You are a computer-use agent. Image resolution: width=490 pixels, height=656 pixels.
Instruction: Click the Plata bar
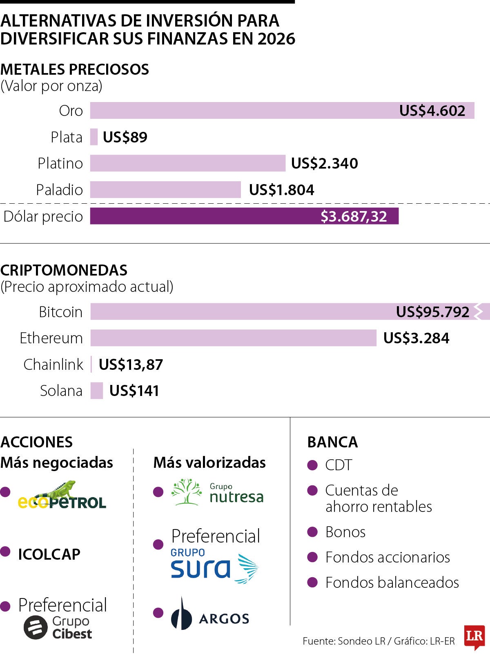point(94,137)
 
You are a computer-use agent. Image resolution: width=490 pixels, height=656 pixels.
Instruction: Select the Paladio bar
point(165,190)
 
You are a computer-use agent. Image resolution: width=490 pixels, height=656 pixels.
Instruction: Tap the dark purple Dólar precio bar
point(244,216)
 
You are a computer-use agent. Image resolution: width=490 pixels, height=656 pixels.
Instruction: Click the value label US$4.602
point(432,111)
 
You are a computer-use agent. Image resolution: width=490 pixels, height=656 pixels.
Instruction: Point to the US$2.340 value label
point(324,163)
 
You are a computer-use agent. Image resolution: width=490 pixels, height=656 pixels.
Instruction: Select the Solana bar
point(97,391)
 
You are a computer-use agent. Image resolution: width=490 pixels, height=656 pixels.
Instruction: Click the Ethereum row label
point(51,338)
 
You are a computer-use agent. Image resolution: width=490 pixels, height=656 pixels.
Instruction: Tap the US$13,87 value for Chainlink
point(131,365)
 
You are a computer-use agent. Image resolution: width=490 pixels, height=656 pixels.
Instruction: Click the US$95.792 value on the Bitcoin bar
point(432,312)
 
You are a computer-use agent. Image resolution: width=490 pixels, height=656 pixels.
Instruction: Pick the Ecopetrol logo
point(62,496)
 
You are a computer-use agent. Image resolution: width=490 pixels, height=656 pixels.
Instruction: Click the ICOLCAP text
point(49,554)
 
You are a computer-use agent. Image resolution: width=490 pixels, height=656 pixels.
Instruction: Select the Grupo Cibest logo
point(58,627)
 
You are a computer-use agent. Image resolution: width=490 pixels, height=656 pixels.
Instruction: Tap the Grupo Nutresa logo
point(217,492)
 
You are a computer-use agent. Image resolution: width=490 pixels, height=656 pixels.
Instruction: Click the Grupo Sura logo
point(214,566)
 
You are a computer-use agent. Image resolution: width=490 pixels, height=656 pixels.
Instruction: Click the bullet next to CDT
point(312,465)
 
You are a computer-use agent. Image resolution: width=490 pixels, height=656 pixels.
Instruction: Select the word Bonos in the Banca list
point(345,532)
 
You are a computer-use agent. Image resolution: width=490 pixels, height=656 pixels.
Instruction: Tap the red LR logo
point(474,636)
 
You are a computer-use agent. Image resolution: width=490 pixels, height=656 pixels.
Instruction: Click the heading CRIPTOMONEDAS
point(64,270)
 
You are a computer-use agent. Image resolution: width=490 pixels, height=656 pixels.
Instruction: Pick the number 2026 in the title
point(276,39)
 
